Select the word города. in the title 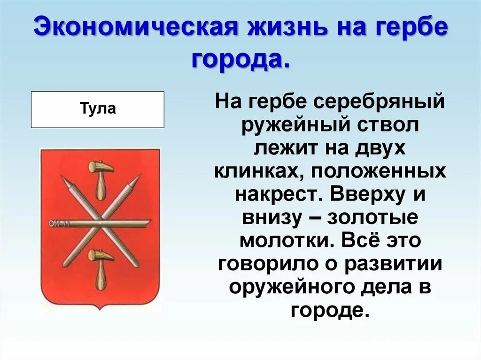(x=240, y=59)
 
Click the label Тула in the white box (x=98, y=109)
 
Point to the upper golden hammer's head (x=101, y=167)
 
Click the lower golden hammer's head (x=101, y=255)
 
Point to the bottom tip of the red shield (x=100, y=309)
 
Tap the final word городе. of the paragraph (x=327, y=310)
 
